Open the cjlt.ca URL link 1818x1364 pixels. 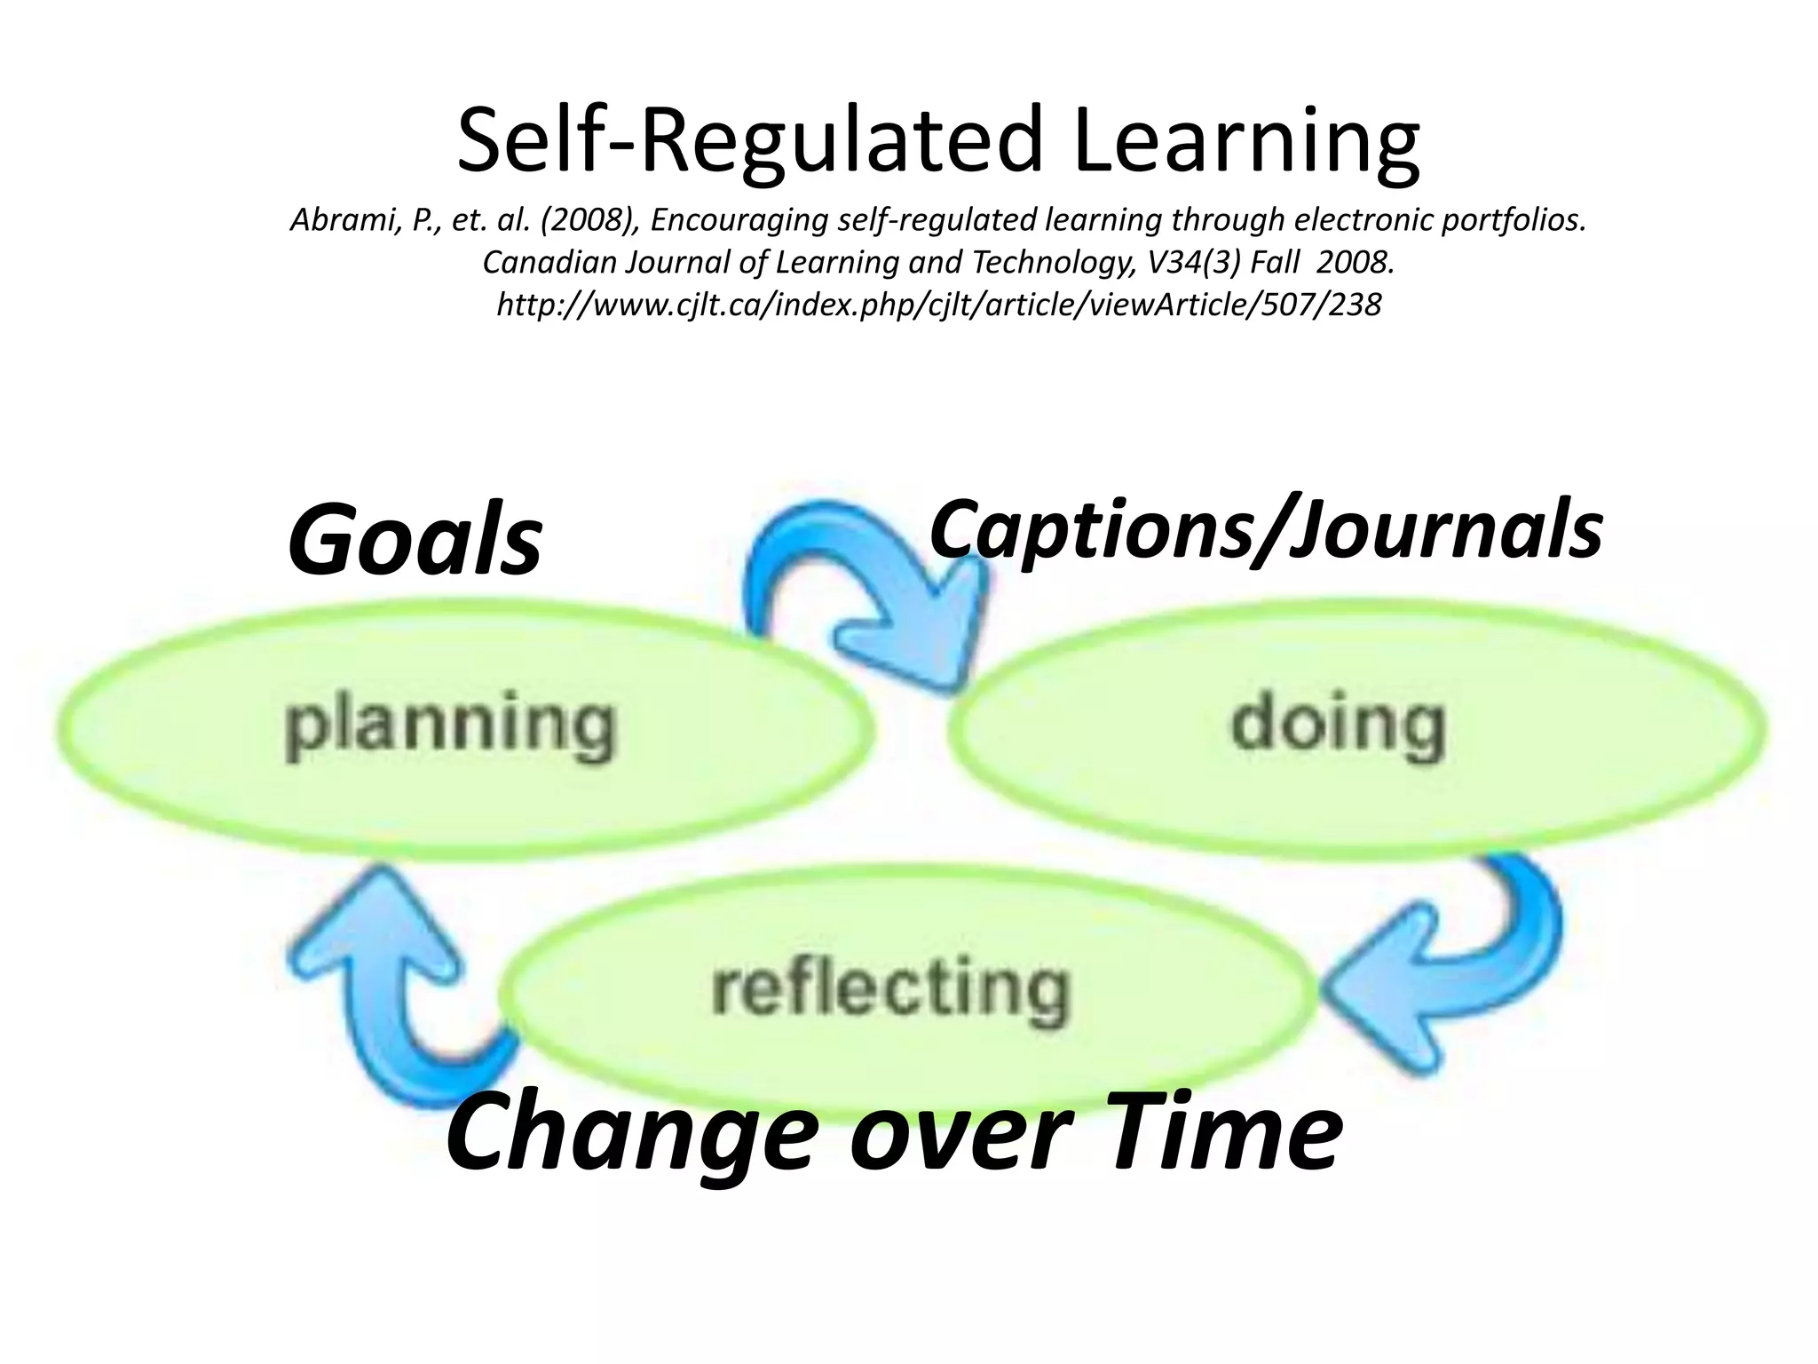(938, 305)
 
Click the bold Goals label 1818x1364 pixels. (415, 538)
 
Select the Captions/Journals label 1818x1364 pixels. (1266, 530)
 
